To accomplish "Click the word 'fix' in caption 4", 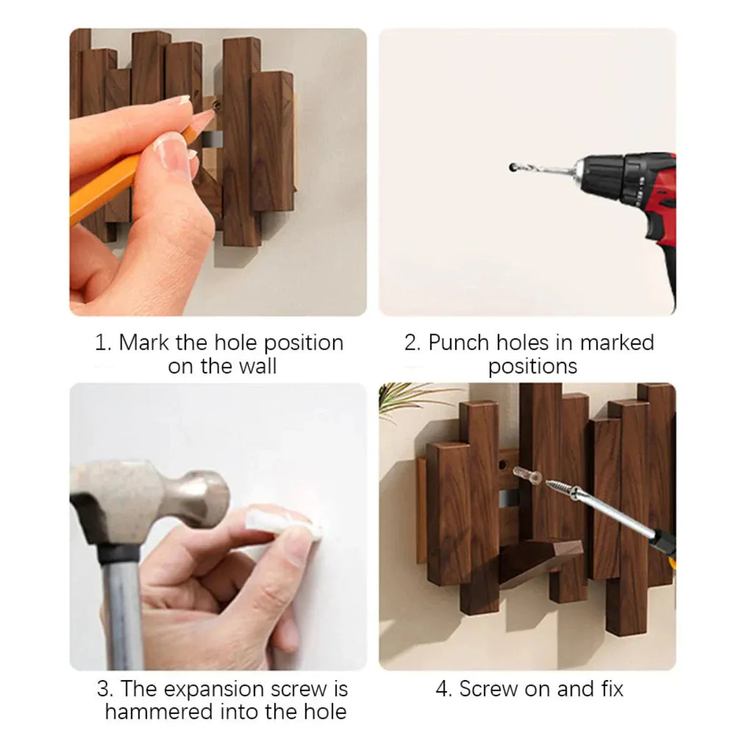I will click(x=611, y=689).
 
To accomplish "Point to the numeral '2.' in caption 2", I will click(x=412, y=342).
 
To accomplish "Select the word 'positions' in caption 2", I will click(x=532, y=366).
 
